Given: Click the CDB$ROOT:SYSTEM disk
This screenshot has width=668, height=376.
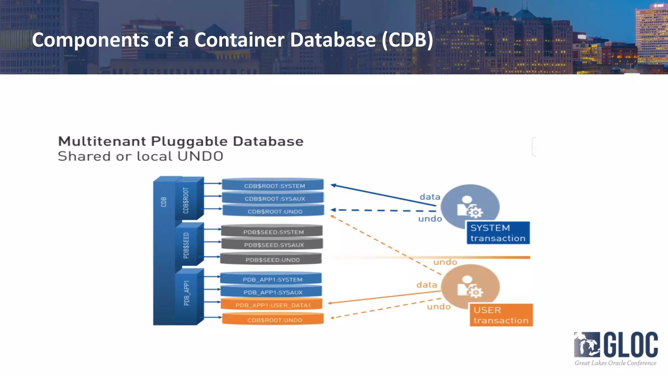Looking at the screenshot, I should pos(273,185).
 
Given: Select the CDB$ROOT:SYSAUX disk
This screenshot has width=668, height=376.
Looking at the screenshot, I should pos(273,198).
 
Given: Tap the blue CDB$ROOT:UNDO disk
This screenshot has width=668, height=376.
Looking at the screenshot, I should pos(273,211).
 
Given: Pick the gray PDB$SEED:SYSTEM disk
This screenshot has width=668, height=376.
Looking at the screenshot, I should pos(272,231).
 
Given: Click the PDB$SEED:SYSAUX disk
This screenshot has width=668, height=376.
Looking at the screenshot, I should pos(272,244).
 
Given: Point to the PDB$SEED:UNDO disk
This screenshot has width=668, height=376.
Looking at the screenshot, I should pos(271,259).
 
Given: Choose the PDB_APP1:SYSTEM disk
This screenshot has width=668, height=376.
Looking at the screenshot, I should pos(271,279).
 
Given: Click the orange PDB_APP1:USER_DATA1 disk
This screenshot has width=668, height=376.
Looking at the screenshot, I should pos(271,305).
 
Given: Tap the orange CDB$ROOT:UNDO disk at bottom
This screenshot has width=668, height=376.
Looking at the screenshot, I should pos(273,320).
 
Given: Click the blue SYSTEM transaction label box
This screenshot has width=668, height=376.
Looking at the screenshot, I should pos(498,233).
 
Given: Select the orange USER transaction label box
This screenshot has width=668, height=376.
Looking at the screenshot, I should pos(501,315).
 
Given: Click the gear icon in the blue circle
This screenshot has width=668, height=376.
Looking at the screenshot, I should pos(476,212).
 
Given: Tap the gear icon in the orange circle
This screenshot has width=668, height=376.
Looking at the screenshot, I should pos(476,292).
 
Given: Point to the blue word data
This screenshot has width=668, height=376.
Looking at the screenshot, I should pos(430,197).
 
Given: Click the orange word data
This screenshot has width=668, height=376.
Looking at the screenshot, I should pos(426,285).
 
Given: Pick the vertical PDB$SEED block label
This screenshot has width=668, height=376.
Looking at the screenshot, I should pos(186,245).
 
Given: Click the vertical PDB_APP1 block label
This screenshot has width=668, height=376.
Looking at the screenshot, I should pos(186,293).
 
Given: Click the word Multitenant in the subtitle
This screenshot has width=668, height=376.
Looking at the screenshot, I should pos(102,141).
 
